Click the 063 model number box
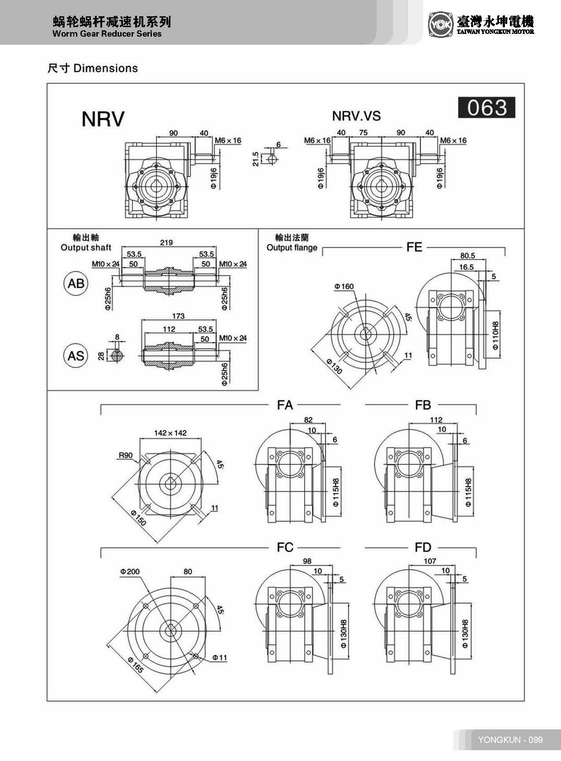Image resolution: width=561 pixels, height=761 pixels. (486, 108)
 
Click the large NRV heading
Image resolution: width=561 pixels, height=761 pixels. (103, 119)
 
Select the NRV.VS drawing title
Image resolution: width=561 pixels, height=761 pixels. (356, 116)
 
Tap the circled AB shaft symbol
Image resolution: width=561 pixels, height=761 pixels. (75, 283)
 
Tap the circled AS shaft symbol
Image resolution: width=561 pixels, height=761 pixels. (75, 356)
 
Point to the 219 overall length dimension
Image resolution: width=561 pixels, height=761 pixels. (166, 243)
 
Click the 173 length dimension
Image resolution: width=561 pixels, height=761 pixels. (178, 316)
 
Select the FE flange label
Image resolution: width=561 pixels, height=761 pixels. (414, 247)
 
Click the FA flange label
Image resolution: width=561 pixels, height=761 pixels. (285, 405)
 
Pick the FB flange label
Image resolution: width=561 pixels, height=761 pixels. (423, 405)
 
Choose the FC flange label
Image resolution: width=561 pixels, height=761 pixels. (285, 547)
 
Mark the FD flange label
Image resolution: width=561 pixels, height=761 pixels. (423, 547)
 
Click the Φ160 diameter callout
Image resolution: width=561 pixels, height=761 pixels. (344, 287)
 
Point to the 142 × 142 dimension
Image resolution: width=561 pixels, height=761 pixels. (170, 433)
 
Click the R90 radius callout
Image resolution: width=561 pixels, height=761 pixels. (125, 455)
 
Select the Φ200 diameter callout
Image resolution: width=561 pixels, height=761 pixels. (130, 572)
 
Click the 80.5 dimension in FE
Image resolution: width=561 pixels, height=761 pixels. (467, 256)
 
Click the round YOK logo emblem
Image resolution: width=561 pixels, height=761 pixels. (440, 24)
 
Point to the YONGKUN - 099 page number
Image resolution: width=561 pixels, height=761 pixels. (510, 740)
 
